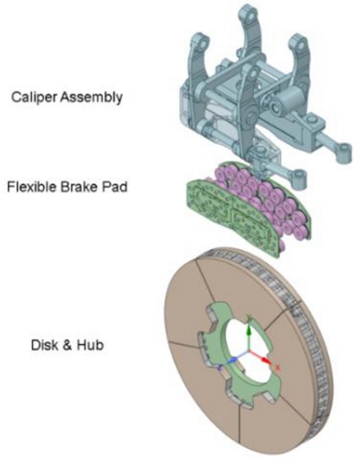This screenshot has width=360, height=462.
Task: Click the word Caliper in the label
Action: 34,97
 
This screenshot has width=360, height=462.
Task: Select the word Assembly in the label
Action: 91,98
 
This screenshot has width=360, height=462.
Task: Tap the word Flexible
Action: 31,187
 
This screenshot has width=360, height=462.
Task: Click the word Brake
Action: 79,187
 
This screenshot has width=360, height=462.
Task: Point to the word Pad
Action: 115,187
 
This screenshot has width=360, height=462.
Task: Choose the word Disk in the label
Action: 44,345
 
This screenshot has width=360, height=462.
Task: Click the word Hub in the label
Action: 90,345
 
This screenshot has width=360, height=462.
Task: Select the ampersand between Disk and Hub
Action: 67,345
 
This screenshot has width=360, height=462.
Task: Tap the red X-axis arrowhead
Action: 266,361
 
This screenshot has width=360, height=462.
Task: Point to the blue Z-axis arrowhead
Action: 233,360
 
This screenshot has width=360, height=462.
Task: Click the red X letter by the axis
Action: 277,367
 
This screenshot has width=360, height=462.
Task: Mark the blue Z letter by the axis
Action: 220,367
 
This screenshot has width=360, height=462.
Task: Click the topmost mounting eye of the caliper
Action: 247,14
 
